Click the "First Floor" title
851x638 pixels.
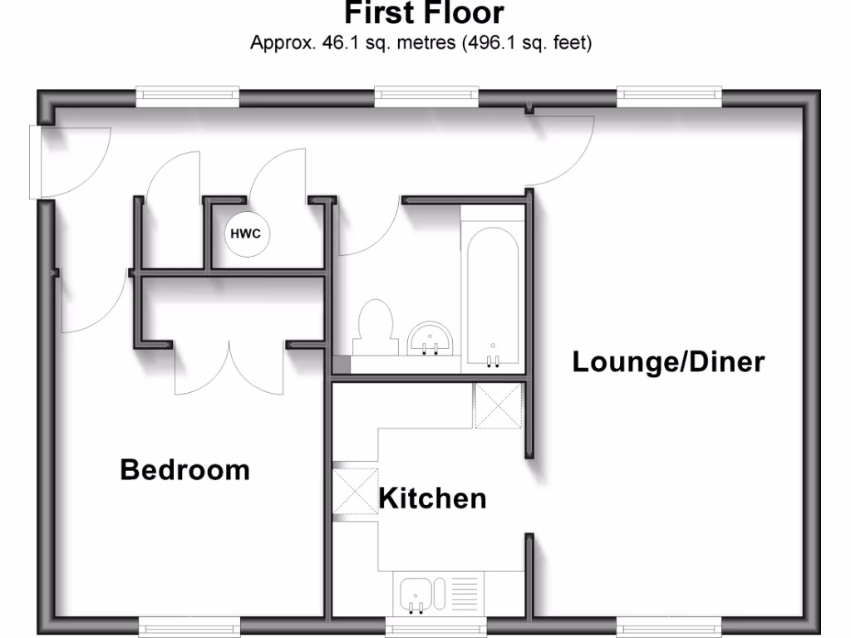424,14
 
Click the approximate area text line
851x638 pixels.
421,42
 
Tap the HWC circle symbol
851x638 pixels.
245,233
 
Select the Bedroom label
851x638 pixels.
184,469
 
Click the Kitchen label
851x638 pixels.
432,498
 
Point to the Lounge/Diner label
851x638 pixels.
668,362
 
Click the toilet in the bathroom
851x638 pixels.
374,327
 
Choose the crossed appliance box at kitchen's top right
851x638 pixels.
498,406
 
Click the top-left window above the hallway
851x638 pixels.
187,96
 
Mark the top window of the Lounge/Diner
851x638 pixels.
669,96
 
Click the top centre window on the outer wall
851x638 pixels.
427,96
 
